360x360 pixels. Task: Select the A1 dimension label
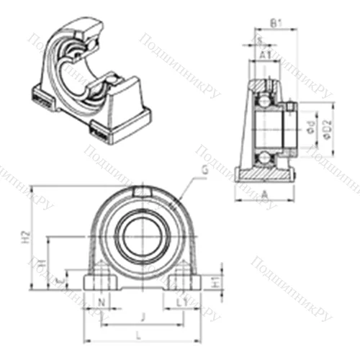click(x=265, y=55)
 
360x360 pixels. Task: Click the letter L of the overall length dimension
click(x=138, y=333)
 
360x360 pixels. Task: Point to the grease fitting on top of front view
click(x=141, y=191)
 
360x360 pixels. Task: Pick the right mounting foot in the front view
click(x=184, y=280)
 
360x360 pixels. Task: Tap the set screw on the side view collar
click(x=290, y=108)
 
